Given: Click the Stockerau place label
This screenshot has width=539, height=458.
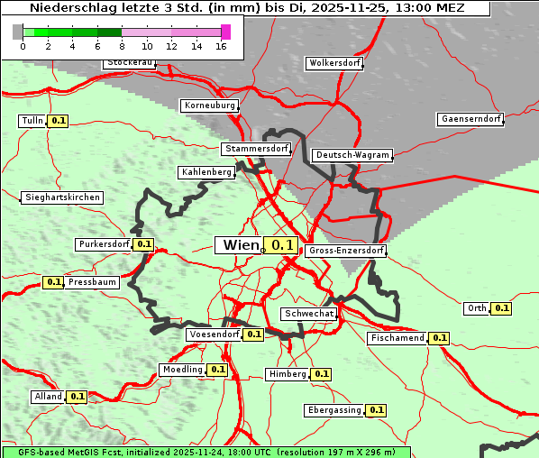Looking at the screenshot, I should pyautogui.click(x=130, y=63).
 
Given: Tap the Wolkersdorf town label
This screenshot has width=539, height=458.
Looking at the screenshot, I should pyautogui.click(x=334, y=63).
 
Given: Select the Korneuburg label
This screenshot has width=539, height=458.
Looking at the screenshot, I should pyautogui.click(x=210, y=105).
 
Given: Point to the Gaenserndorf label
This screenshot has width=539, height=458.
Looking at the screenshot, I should pyautogui.click(x=470, y=119).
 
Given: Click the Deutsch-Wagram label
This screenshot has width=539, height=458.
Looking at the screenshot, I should pyautogui.click(x=352, y=155).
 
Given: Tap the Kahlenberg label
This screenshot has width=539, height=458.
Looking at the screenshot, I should pyautogui.click(x=206, y=171).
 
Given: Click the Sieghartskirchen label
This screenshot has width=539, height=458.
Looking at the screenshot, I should pyautogui.click(x=62, y=197).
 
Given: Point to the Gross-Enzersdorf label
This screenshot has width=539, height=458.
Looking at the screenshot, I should pyautogui.click(x=346, y=251).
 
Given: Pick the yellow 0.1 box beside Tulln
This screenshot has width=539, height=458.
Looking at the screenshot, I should pyautogui.click(x=58, y=121).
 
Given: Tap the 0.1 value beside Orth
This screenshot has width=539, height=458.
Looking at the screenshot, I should pyautogui.click(x=502, y=308).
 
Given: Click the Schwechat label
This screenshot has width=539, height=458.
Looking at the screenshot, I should pyautogui.click(x=309, y=314).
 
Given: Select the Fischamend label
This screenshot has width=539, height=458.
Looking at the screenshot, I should pyautogui.click(x=396, y=338).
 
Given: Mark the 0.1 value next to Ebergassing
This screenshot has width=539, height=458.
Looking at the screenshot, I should pyautogui.click(x=377, y=410).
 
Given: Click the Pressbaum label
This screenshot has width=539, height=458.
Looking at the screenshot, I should pyautogui.click(x=92, y=282).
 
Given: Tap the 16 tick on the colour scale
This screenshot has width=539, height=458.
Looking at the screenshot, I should pyautogui.click(x=222, y=46).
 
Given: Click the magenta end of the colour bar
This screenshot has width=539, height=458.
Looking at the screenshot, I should pyautogui.click(x=225, y=32).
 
